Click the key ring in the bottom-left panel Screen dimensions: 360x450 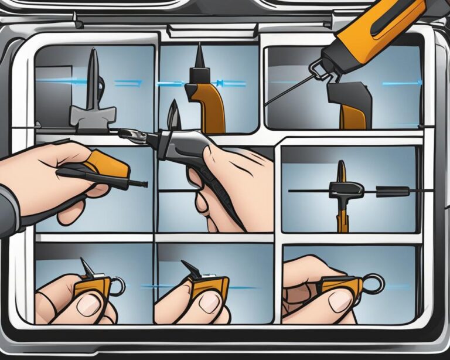pyautogui.click(x=117, y=287)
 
